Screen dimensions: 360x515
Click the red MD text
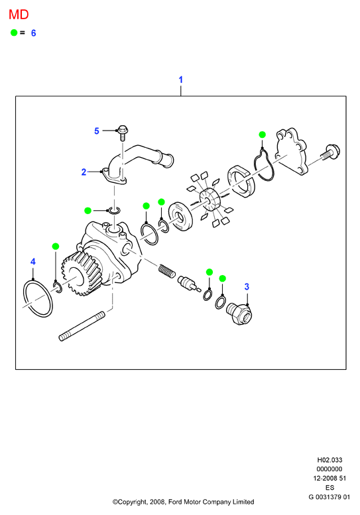pyautogui.click(x=19, y=15)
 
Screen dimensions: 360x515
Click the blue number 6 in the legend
pyautogui.click(x=33, y=33)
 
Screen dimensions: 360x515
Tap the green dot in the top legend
pyautogui.click(x=14, y=32)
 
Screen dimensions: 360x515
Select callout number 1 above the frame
pyautogui.click(x=180, y=80)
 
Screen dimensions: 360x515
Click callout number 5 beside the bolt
pyautogui.click(x=97, y=131)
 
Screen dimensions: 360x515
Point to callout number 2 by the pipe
pyautogui.click(x=84, y=172)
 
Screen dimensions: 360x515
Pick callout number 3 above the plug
pyautogui.click(x=247, y=287)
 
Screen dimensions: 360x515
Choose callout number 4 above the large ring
pyautogui.click(x=33, y=262)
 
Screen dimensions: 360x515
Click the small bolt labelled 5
pyautogui.click(x=123, y=133)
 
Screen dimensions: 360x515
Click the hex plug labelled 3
pyautogui.click(x=239, y=314)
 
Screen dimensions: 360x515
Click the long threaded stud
pyautogui.click(x=82, y=327)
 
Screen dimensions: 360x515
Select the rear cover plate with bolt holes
pyautogui.click(x=291, y=152)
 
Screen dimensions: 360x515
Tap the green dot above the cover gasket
pyautogui.click(x=262, y=135)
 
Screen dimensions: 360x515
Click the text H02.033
pyautogui.click(x=330, y=460)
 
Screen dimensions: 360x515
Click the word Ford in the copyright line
pyautogui.click(x=175, y=502)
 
